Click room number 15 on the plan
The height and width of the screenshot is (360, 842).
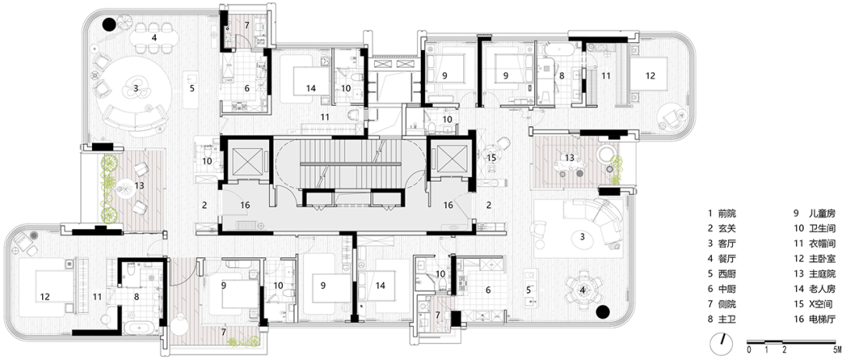(x=491, y=157)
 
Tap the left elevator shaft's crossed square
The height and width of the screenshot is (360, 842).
(x=246, y=158)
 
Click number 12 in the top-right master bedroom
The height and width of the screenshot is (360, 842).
(x=650, y=76)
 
